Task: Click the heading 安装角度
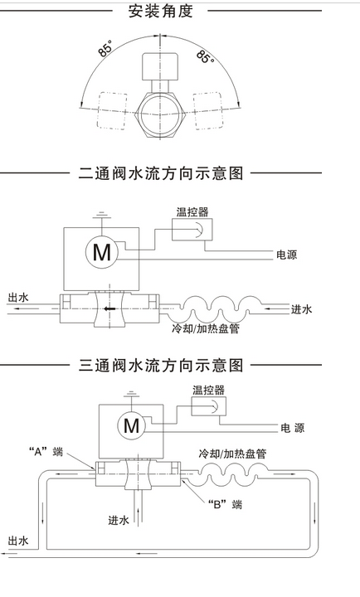160,12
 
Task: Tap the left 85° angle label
105,49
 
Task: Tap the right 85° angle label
206,56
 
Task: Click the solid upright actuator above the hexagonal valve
160,66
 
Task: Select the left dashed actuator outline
113,111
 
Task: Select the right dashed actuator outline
207,111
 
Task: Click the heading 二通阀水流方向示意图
160,173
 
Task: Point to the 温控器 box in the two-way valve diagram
192,230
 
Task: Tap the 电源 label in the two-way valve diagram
286,255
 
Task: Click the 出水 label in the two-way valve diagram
18,298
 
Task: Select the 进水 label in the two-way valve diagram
302,309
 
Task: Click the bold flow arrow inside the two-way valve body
110,308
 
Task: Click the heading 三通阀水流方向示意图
160,366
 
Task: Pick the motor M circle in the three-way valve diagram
131,425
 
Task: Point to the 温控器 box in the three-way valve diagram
208,405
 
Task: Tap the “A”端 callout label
46,452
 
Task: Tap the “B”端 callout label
225,505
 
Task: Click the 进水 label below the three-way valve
119,520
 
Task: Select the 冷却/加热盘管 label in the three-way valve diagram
232,454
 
